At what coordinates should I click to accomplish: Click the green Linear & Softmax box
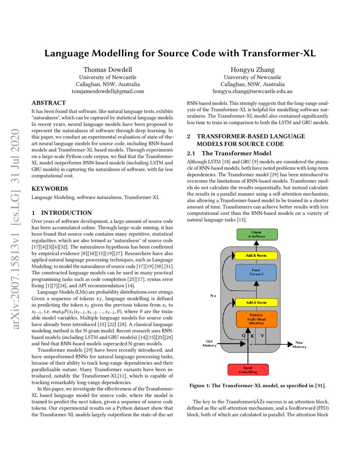click(257, 234)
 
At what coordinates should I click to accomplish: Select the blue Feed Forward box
click(256, 272)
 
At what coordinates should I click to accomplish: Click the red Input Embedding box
click(247, 369)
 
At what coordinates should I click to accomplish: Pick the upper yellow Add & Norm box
click(256, 255)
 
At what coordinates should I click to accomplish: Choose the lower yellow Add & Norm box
click(256, 302)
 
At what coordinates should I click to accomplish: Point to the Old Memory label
click(210, 343)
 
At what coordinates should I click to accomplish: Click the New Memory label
click(299, 344)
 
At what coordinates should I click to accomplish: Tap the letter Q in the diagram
click(243, 335)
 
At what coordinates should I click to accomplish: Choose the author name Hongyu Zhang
click(252, 69)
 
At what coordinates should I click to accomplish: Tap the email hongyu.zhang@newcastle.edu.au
click(252, 91)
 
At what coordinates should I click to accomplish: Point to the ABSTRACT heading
click(49, 103)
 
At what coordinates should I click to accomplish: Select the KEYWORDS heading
click(50, 188)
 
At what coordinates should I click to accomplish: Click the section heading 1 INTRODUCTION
click(62, 213)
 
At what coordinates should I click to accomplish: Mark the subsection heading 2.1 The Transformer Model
click(229, 153)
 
